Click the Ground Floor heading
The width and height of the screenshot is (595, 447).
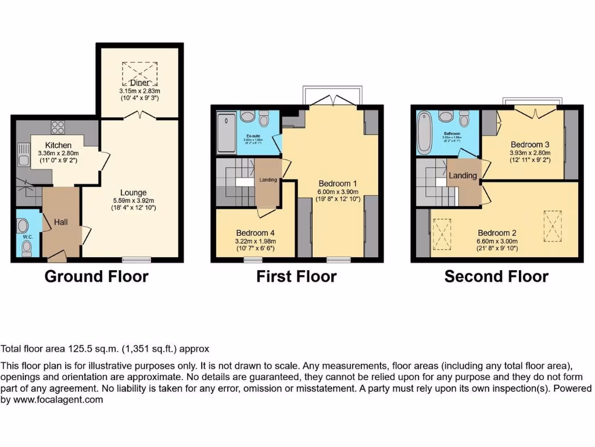point(96,276)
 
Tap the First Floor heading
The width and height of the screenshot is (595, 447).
point(296,276)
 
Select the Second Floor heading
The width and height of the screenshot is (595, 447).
point(496,276)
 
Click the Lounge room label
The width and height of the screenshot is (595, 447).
point(133,193)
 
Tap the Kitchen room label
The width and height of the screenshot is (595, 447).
point(59,145)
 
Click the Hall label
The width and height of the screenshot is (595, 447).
point(61,222)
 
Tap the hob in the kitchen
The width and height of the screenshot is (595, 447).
point(59,126)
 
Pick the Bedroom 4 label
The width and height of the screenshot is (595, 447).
point(252,233)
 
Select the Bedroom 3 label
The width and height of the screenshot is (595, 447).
point(530,144)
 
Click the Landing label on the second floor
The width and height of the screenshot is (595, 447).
point(463,175)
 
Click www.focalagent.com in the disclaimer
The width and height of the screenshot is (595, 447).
point(59,400)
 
